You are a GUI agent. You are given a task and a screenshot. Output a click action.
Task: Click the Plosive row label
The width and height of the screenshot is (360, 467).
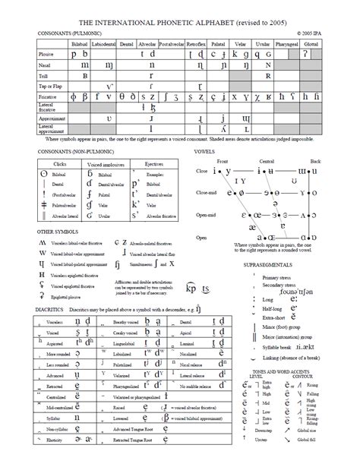pos(48,55)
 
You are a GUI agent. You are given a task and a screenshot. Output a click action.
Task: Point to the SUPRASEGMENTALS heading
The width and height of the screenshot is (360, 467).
pos(270,267)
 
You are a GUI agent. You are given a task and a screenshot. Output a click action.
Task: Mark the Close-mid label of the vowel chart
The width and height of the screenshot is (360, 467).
pos(207,193)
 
